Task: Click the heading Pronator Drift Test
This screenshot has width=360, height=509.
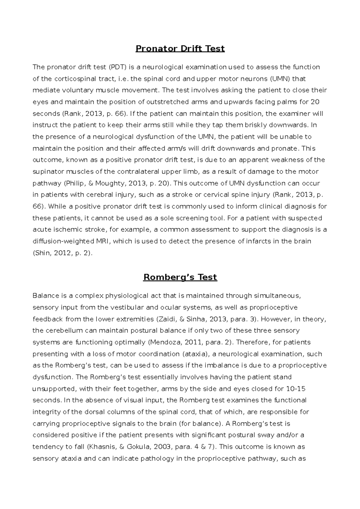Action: pyautogui.click(x=180, y=49)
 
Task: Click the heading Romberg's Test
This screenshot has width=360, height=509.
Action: pyautogui.click(x=180, y=277)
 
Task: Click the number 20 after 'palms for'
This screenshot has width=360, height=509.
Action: pyautogui.click(x=315, y=102)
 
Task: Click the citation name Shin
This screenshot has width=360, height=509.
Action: pyautogui.click(x=42, y=253)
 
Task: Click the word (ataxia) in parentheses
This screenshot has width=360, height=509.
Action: pyautogui.click(x=195, y=354)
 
